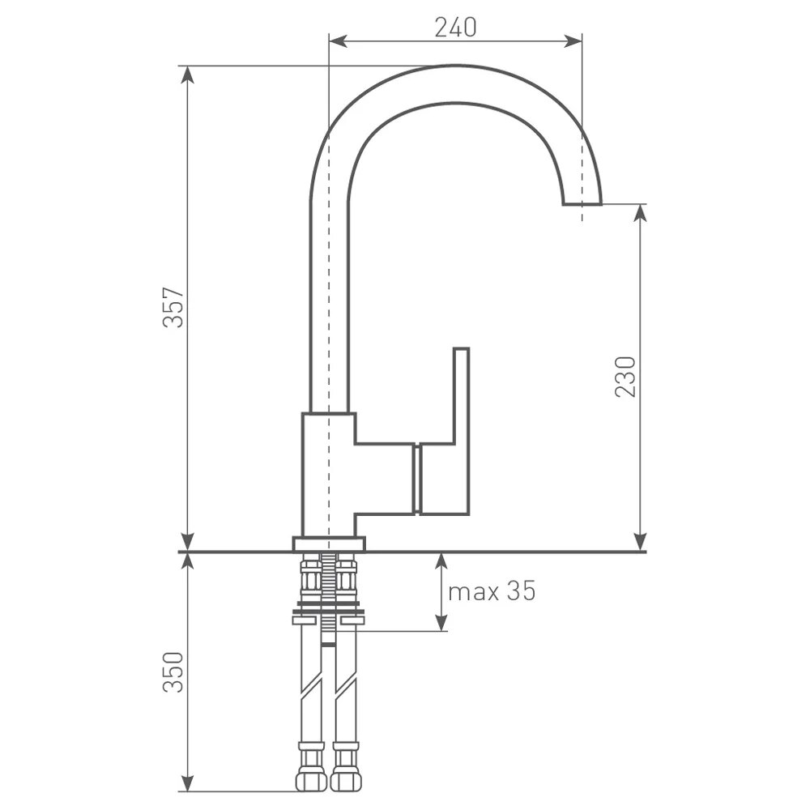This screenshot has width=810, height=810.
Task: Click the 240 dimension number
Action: (455, 28)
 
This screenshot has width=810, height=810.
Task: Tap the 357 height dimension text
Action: (173, 307)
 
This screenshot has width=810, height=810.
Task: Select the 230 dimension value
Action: (625, 376)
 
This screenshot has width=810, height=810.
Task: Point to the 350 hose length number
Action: (173, 672)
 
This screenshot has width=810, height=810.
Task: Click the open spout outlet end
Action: (582, 203)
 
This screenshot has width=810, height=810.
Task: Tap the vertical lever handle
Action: (462, 432)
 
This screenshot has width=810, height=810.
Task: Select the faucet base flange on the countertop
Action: (329, 544)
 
